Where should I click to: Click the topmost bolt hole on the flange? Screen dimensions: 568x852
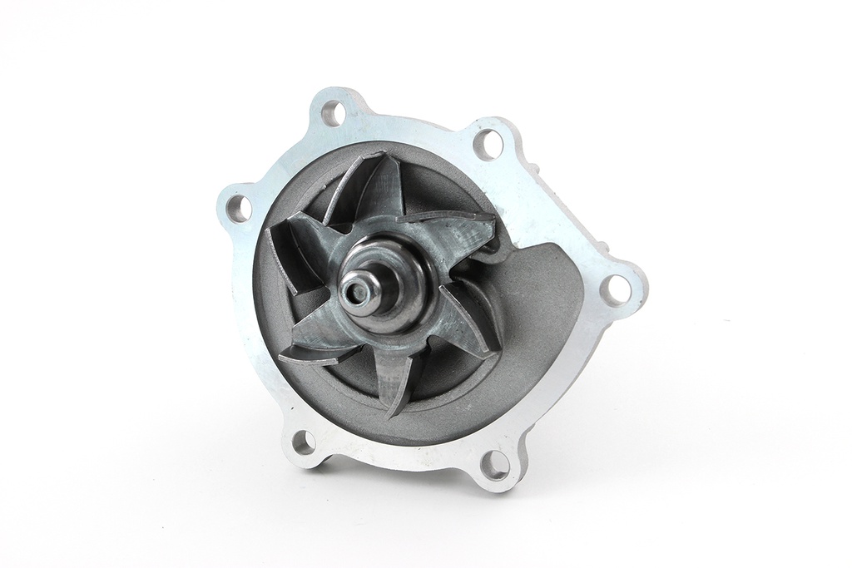point(333,112)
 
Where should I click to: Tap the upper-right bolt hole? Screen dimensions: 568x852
point(488,144)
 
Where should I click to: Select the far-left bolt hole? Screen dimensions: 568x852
point(238,207)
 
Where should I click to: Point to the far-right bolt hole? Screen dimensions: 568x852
point(617,288)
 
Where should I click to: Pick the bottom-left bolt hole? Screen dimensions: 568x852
point(304,442)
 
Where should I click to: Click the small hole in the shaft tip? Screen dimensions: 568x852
point(358,289)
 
